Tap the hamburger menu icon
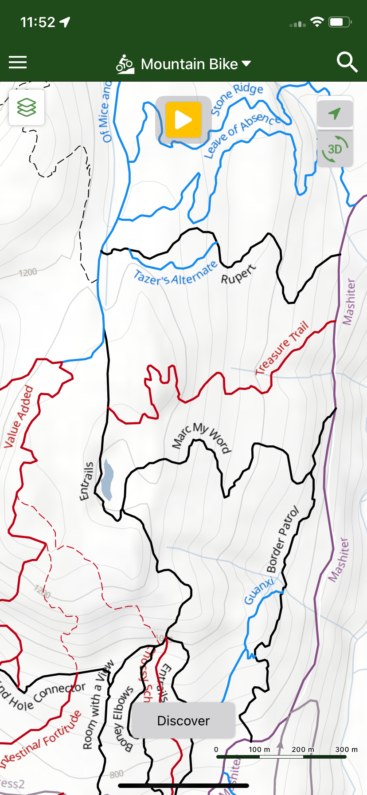click(18, 63)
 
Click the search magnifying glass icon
click(347, 63)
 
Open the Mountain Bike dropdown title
click(183, 64)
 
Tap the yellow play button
click(183, 120)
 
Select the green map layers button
click(27, 107)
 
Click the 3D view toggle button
click(335, 149)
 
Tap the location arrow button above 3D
click(335, 114)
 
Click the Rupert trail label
click(238, 274)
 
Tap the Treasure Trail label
click(282, 349)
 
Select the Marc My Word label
click(202, 437)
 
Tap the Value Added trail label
click(19, 417)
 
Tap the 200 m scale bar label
click(303, 749)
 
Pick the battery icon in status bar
click(340, 22)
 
